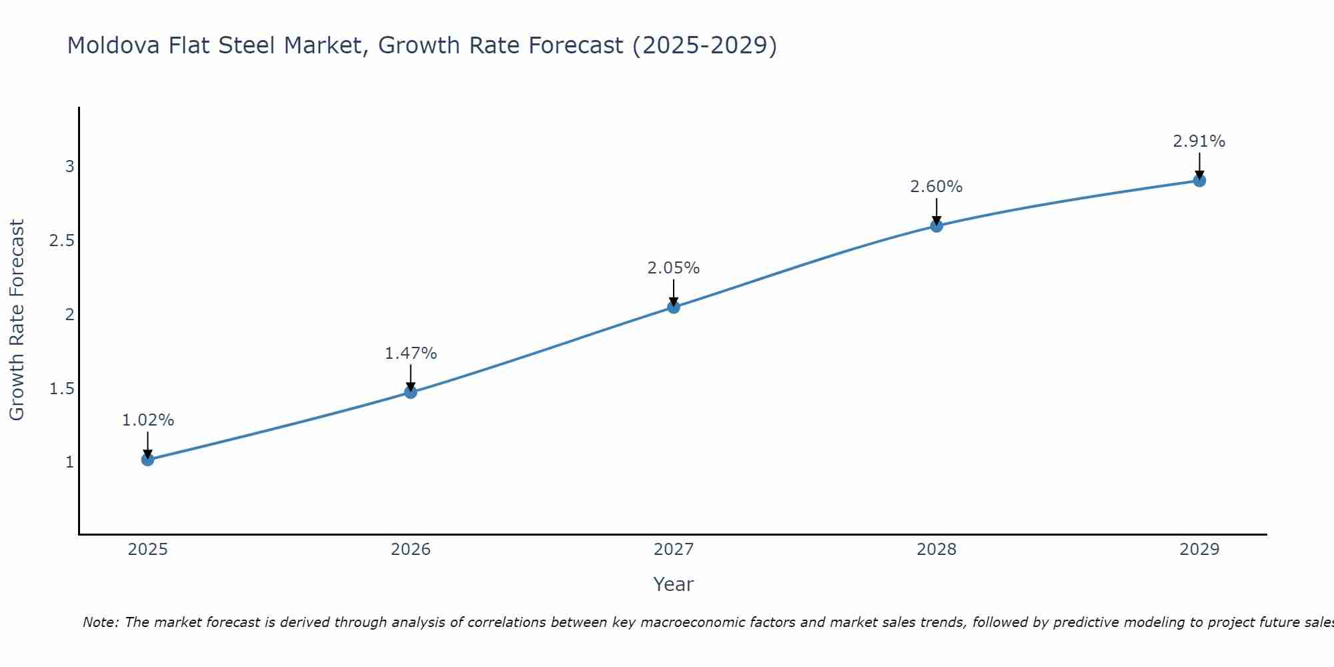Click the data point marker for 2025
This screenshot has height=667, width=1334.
(147, 459)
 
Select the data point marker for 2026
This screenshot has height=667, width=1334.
(411, 392)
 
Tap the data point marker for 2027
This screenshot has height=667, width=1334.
(674, 307)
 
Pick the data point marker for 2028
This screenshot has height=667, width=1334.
(936, 225)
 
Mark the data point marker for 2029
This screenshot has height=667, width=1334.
(1199, 180)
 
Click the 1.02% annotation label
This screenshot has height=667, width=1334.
(147, 420)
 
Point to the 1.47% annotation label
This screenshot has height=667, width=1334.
(411, 354)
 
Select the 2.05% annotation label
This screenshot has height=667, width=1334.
(674, 268)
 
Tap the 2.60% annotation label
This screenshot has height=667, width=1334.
(936, 187)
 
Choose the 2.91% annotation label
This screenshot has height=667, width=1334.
(1199, 141)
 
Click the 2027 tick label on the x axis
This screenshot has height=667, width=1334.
(674, 550)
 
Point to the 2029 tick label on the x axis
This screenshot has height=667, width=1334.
(1199, 550)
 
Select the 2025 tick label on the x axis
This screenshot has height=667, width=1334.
(147, 550)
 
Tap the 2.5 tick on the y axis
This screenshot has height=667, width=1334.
(61, 241)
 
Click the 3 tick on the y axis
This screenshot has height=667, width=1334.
(69, 167)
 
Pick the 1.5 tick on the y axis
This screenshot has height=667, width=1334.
(61, 389)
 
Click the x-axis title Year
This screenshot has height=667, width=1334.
(674, 584)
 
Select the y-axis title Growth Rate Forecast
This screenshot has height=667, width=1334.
(17, 320)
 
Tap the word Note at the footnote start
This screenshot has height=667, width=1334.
(101, 622)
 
